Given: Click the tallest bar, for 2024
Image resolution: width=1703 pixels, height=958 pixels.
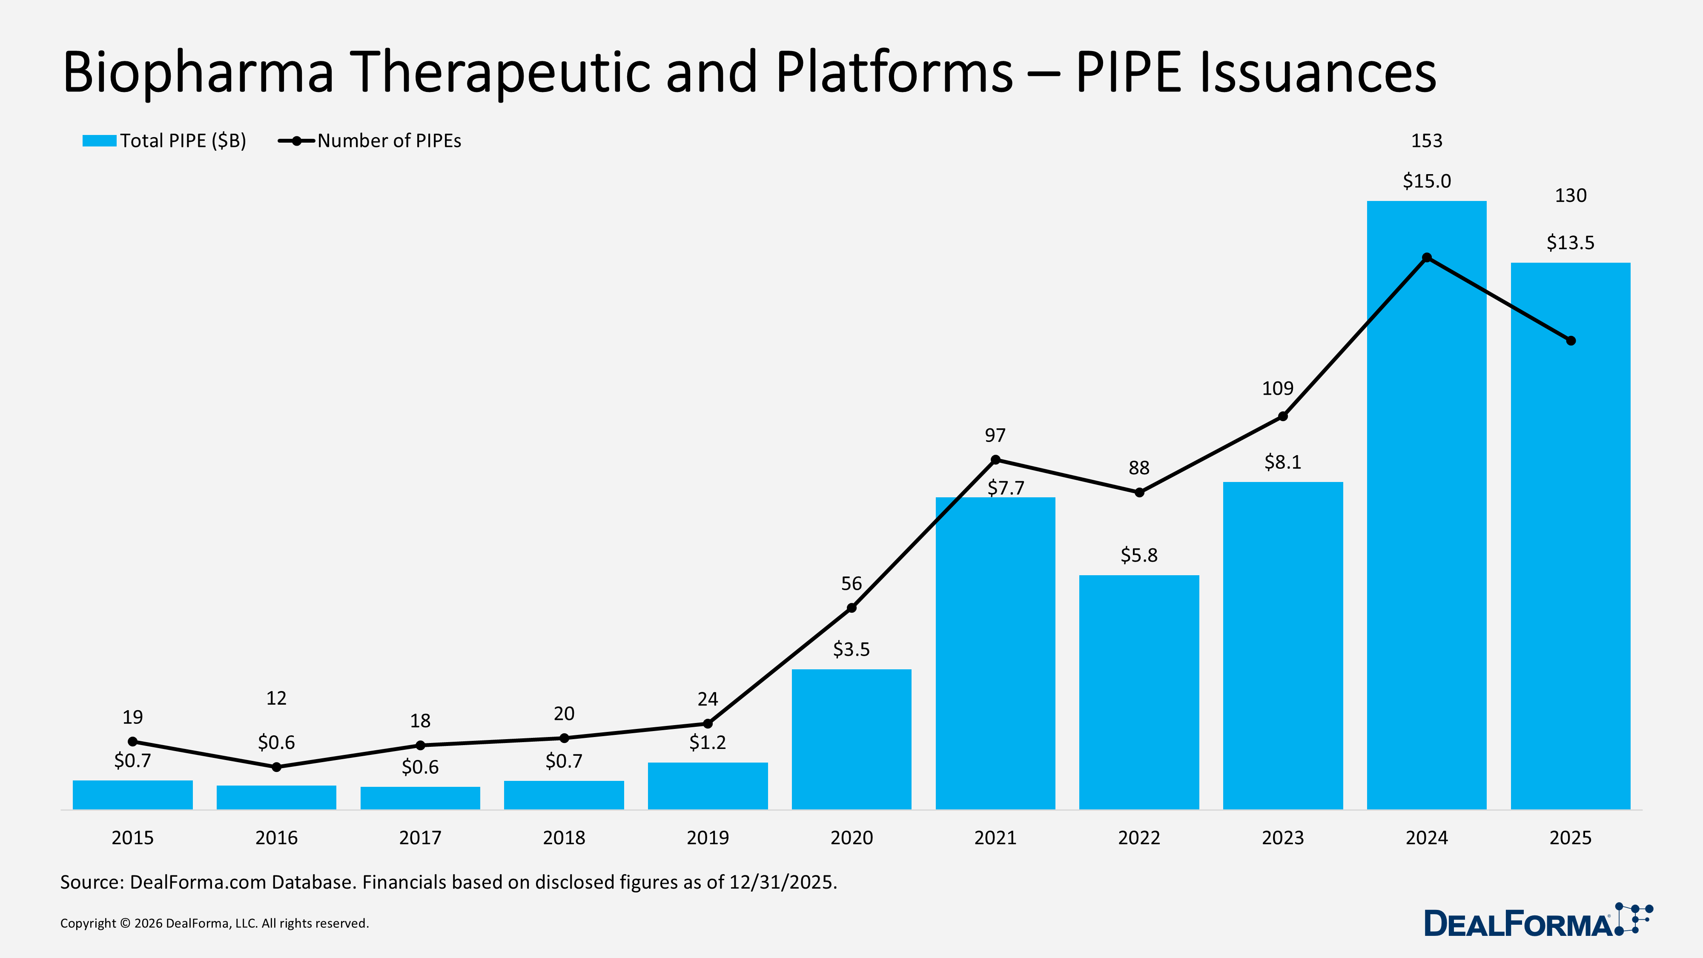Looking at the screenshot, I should (1427, 529).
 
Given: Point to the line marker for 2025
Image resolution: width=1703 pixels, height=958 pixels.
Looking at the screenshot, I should (1571, 341).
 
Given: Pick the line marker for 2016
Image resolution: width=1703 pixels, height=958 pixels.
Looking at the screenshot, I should (276, 767).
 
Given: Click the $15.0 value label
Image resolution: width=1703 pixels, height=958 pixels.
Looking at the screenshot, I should (1427, 181).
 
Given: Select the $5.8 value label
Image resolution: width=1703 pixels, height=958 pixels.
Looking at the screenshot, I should (1138, 555).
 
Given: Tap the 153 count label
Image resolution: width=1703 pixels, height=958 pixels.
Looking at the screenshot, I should (1427, 141).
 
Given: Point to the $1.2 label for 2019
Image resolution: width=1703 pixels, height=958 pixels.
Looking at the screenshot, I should (707, 743).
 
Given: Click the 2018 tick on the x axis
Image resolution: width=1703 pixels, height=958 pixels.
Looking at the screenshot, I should (564, 838).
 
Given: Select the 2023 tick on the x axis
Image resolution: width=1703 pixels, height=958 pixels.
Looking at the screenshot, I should (1282, 838).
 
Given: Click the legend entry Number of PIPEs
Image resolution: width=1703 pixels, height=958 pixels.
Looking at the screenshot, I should (370, 141).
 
